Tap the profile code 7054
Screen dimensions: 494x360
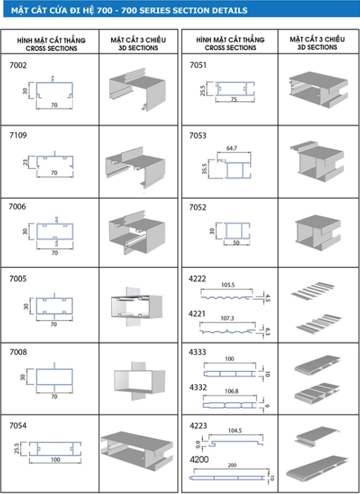(18, 425)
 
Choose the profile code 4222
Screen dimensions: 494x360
(199, 278)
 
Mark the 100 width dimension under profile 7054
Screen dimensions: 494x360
(55, 460)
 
